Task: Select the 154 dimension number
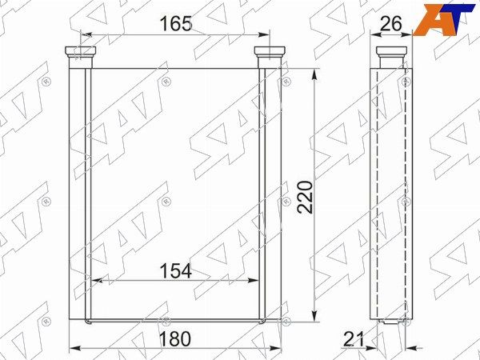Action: tap(176, 270)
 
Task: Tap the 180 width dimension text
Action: tap(175, 339)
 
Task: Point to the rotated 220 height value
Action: tap(306, 197)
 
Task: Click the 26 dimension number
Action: tap(390, 23)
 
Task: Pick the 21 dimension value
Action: tap(354, 339)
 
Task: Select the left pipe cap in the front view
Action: tap(81, 52)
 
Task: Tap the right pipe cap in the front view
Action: tap(270, 52)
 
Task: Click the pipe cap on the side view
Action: tap(391, 52)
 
